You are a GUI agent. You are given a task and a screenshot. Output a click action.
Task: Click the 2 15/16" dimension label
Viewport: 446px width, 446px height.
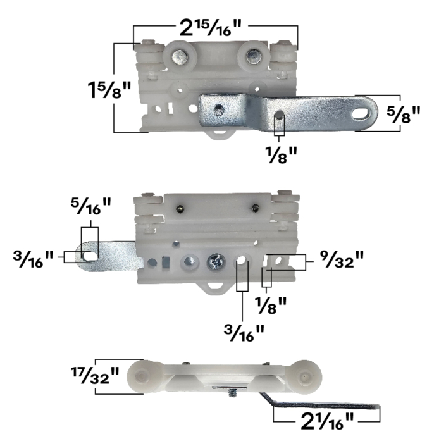pyautogui.click(x=211, y=28)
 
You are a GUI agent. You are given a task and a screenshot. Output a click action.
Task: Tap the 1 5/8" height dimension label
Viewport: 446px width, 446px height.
pyautogui.click(x=109, y=90)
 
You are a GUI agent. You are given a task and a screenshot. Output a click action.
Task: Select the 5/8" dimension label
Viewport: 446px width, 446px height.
pyautogui.click(x=404, y=114)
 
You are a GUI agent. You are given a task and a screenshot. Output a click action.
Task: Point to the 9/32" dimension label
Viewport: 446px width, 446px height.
pyautogui.click(x=342, y=259)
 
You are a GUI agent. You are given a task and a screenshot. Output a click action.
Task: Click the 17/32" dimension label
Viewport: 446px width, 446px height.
pyautogui.click(x=95, y=375)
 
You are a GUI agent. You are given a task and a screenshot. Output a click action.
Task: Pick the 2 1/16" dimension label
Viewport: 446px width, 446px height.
pyautogui.click(x=327, y=421)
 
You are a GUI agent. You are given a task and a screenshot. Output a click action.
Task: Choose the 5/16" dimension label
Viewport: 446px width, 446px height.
pyautogui.click(x=90, y=206)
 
